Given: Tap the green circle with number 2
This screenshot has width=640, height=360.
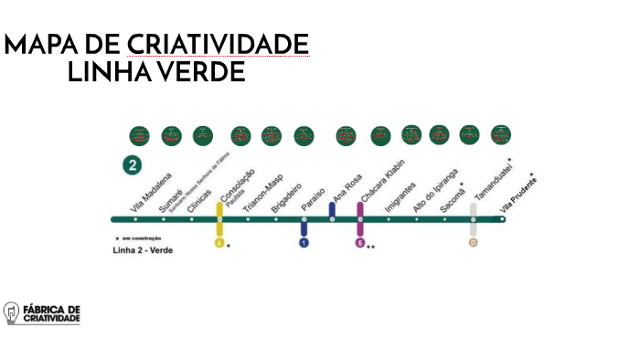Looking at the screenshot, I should (x=134, y=165).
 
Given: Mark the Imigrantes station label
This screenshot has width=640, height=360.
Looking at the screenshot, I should (x=400, y=197).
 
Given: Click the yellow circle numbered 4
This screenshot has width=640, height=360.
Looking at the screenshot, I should (x=219, y=243).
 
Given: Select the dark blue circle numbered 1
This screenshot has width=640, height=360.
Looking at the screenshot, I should (x=304, y=243).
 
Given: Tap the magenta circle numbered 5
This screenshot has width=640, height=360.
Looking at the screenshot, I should (x=360, y=243).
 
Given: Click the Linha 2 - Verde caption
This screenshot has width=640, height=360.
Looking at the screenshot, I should (x=142, y=249).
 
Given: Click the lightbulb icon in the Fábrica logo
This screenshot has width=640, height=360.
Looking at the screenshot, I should (x=13, y=313).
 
